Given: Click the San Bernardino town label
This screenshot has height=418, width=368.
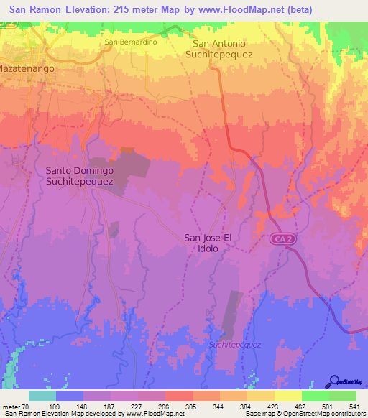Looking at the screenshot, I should [131, 42].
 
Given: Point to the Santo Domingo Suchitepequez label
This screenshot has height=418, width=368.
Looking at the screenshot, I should [79, 176].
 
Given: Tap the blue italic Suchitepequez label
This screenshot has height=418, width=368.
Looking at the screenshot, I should [234, 344].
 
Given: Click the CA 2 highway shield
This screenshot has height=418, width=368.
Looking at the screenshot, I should [281, 237].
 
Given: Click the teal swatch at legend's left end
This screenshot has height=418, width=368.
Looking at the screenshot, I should [42, 396].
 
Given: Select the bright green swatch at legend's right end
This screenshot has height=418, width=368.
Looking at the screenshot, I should [342, 396].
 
